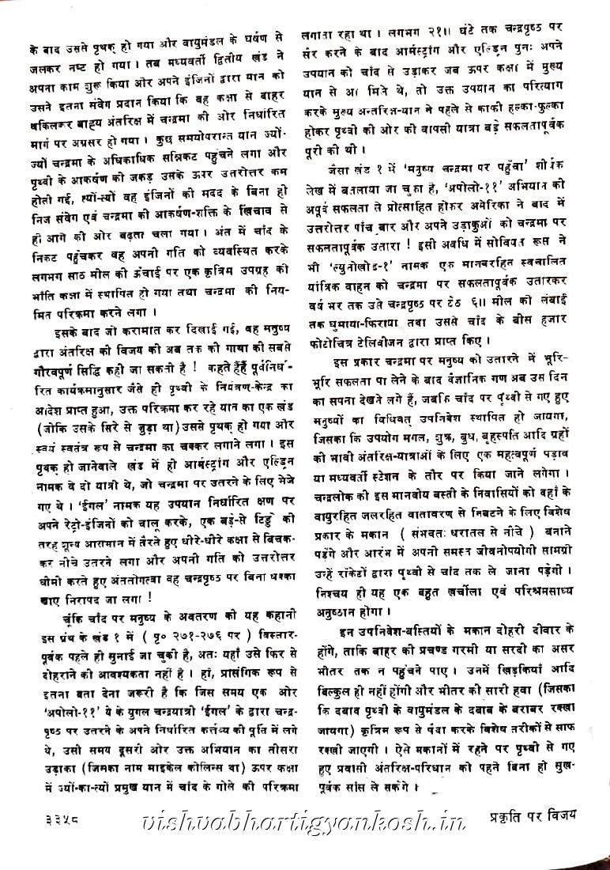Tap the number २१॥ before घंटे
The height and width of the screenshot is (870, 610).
click(409, 34)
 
